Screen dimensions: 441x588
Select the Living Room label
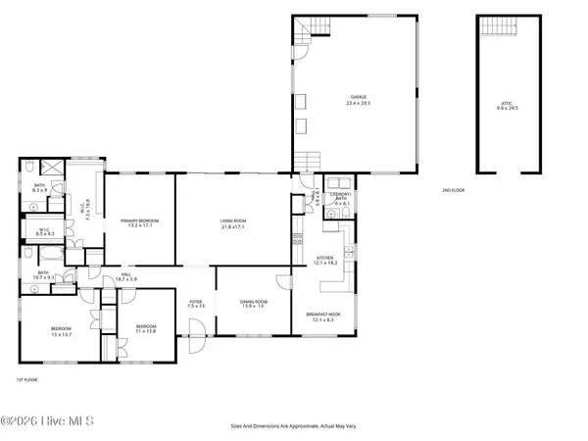click(x=232, y=223)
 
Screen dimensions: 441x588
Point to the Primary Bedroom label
click(x=139, y=223)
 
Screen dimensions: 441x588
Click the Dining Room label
click(x=254, y=304)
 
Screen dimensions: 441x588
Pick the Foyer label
click(x=197, y=304)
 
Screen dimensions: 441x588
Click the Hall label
click(x=125, y=277)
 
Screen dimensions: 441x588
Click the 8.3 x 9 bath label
click(x=40, y=187)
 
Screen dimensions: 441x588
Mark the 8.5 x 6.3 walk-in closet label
click(x=44, y=232)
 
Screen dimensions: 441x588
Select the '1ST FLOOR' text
click(x=25, y=378)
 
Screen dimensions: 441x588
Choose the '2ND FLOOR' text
click(x=453, y=190)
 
